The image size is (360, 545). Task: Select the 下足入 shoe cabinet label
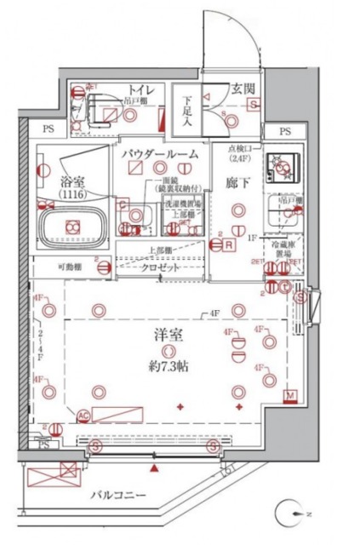click(x=186, y=109)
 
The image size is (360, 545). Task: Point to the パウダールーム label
click(x=159, y=154)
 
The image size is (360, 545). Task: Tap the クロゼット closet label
click(x=160, y=267)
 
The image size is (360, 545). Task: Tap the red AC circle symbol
click(x=83, y=416)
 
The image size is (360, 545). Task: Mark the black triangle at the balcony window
click(x=153, y=468)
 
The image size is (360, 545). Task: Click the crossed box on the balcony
click(x=66, y=468)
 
